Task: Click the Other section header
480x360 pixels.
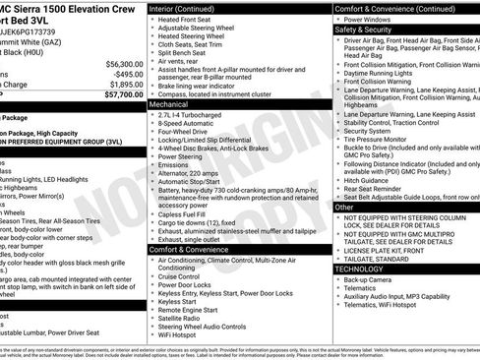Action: click(344, 208)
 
